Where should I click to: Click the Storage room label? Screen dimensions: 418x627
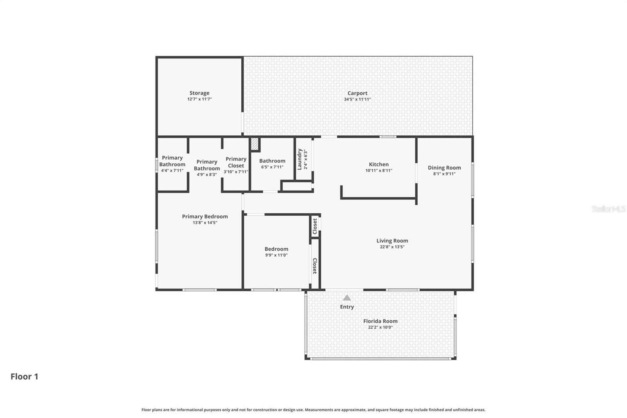pyautogui.click(x=199, y=93)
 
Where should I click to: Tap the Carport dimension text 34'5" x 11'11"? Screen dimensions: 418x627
pyautogui.click(x=357, y=100)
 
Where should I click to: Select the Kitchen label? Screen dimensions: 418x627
pyautogui.click(x=379, y=164)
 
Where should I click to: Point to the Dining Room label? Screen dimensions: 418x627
pyautogui.click(x=444, y=167)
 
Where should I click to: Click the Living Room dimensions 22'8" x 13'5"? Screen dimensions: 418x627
pyautogui.click(x=392, y=247)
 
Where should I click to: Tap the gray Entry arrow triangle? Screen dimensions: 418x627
pyautogui.click(x=347, y=298)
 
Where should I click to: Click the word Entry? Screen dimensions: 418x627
pyautogui.click(x=347, y=307)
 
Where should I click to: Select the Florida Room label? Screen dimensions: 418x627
pyautogui.click(x=380, y=321)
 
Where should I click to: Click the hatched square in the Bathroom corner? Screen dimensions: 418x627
pyautogui.click(x=255, y=144)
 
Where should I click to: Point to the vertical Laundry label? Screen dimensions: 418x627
pyautogui.click(x=300, y=159)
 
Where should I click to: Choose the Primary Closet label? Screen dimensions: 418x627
pyautogui.click(x=236, y=162)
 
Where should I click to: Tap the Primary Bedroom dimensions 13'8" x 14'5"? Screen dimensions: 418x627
pyautogui.click(x=205, y=223)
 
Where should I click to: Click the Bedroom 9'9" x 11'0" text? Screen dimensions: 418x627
pyautogui.click(x=276, y=255)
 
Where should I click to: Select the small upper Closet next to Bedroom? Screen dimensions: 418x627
pyautogui.click(x=315, y=226)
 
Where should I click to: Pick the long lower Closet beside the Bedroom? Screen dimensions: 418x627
pyautogui.click(x=315, y=266)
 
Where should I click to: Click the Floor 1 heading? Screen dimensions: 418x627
pyautogui.click(x=24, y=376)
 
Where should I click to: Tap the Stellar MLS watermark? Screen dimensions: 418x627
pyautogui.click(x=608, y=209)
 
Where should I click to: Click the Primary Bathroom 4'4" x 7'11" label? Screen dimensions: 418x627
pyautogui.click(x=172, y=164)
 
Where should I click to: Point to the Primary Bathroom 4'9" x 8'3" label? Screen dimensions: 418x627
pyautogui.click(x=207, y=168)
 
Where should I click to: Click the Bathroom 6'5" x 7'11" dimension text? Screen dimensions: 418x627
pyautogui.click(x=272, y=167)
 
